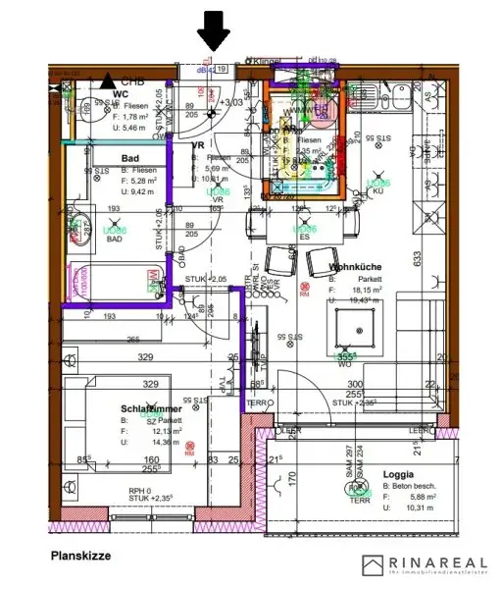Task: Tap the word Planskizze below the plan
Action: pyautogui.click(x=80, y=555)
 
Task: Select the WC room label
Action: pyautogui.click(x=121, y=95)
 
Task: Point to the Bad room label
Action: pyautogui.click(x=129, y=158)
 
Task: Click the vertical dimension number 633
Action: pyautogui.click(x=417, y=258)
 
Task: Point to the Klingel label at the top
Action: pyautogui.click(x=267, y=62)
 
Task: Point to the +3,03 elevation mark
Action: pyautogui.click(x=231, y=102)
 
